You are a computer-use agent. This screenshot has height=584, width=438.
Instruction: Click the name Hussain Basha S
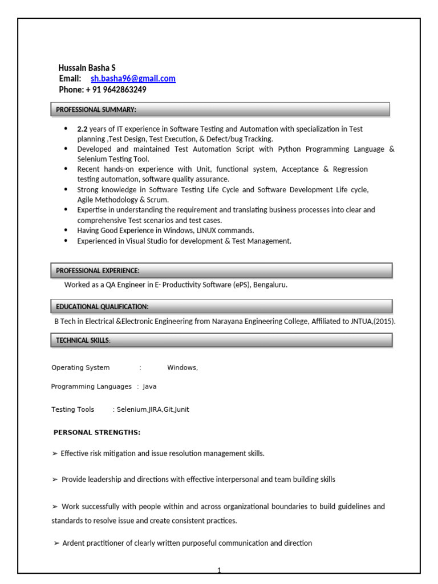pyautogui.click(x=87, y=68)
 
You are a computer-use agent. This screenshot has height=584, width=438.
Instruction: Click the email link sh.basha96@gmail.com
pyautogui.click(x=133, y=79)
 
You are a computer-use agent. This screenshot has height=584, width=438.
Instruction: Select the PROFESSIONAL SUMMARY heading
pyautogui.click(x=96, y=109)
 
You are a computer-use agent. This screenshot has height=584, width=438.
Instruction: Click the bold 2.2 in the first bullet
pyautogui.click(x=82, y=129)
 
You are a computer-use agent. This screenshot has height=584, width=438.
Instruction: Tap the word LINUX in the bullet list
pyautogui.click(x=210, y=230)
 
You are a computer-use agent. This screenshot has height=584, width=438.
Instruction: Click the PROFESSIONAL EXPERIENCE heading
pyautogui.click(x=98, y=270)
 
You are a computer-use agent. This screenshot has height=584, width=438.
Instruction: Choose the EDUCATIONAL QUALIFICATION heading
pyautogui.click(x=102, y=306)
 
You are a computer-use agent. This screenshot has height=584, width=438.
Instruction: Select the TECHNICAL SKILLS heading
pyautogui.click(x=82, y=340)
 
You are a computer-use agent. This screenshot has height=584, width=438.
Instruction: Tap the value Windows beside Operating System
pyautogui.click(x=181, y=368)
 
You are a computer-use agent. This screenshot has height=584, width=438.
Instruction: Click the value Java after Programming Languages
pyautogui.click(x=149, y=387)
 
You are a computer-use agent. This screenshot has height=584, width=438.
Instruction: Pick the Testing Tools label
pyautogui.click(x=73, y=409)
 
